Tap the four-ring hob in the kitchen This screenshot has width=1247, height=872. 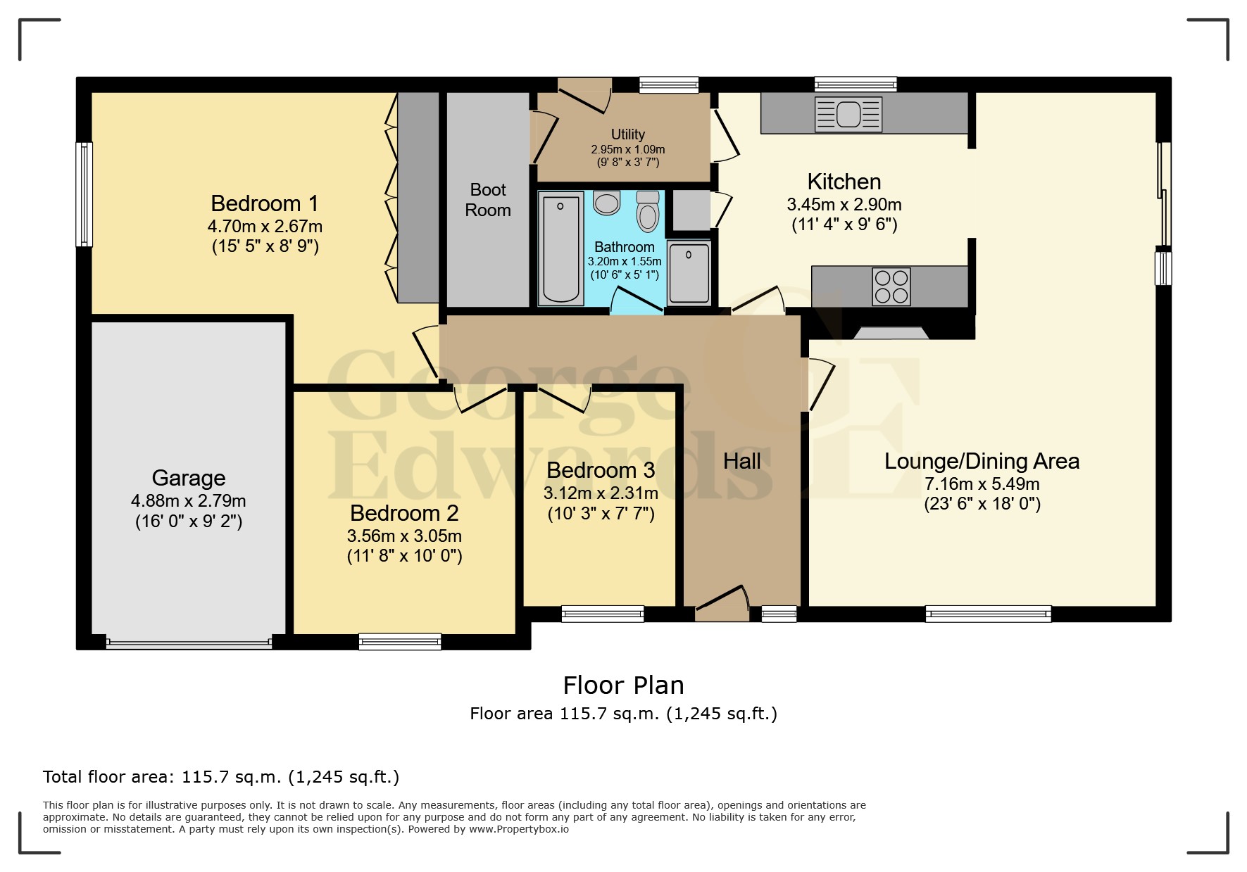point(891,286)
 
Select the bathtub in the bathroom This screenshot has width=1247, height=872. point(560,249)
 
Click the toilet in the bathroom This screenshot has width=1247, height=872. point(647,210)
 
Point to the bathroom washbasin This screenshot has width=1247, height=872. point(606,203)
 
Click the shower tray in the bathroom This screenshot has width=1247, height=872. point(689,273)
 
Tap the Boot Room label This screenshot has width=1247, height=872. point(488,200)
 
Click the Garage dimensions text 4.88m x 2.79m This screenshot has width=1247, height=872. point(188,501)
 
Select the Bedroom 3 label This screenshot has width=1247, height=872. point(601,470)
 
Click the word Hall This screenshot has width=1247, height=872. point(742,461)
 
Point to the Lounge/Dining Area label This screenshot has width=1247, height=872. point(982,462)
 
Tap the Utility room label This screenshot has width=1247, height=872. point(627,134)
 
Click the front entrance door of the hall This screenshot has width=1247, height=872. point(722,604)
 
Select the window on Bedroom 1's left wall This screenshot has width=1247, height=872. point(84,194)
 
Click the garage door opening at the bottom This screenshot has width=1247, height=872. point(188,642)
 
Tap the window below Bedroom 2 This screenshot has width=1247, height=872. point(400,641)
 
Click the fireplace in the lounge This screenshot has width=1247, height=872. point(891,332)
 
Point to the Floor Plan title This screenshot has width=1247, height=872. point(623,685)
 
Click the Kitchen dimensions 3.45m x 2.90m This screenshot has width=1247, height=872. point(844,205)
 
